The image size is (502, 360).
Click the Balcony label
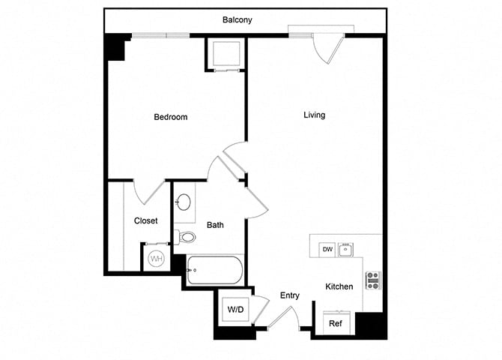[237, 20]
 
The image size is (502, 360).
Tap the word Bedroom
[170, 117]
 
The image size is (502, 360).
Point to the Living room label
[314, 115]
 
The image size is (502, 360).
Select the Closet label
[145, 220]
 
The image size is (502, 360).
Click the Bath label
[215, 224]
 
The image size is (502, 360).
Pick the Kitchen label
[339, 286]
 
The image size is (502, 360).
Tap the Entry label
[290, 295]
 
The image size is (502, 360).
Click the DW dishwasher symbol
[327, 249]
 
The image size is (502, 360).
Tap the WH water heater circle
[157, 259]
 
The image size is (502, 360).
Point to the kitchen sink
[345, 249]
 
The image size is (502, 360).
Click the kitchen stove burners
[372, 280]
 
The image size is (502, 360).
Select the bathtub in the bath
[214, 270]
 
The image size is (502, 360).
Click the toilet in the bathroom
[187, 238]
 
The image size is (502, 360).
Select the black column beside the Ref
[370, 324]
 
